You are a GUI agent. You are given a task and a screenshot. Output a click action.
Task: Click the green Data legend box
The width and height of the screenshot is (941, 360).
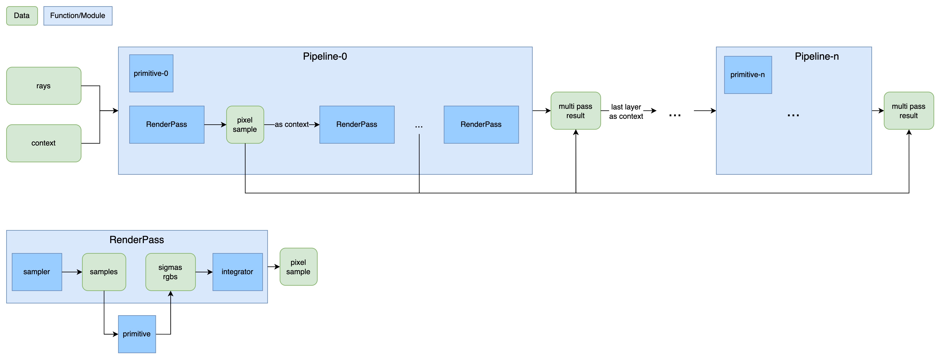22,16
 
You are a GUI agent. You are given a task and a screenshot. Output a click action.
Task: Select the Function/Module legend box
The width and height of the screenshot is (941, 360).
78,16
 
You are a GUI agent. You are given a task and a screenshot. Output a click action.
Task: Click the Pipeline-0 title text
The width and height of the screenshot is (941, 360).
325,57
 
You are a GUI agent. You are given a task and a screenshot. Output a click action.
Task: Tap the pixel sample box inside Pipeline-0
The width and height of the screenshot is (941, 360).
245,125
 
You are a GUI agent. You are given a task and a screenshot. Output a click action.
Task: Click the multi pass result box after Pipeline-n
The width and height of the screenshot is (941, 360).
908,111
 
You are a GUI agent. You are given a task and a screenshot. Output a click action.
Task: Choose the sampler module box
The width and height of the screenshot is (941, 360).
37,272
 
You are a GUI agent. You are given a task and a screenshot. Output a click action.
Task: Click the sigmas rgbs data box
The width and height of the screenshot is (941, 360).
171,272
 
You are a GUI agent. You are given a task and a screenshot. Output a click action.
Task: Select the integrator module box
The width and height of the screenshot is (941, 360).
237,272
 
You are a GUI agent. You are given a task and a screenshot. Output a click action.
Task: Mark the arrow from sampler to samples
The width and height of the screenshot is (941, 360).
72,272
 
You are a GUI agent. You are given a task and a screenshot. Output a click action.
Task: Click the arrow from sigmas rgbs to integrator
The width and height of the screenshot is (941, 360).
204,272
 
